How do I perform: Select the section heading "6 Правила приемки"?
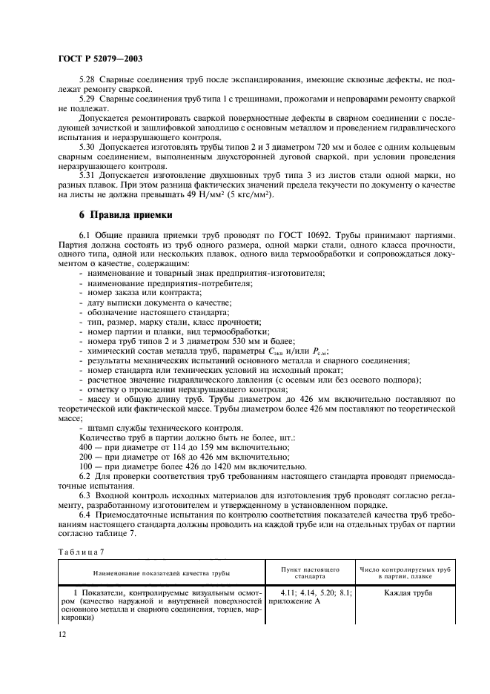point(125,217)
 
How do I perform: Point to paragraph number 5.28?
point(88,79)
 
